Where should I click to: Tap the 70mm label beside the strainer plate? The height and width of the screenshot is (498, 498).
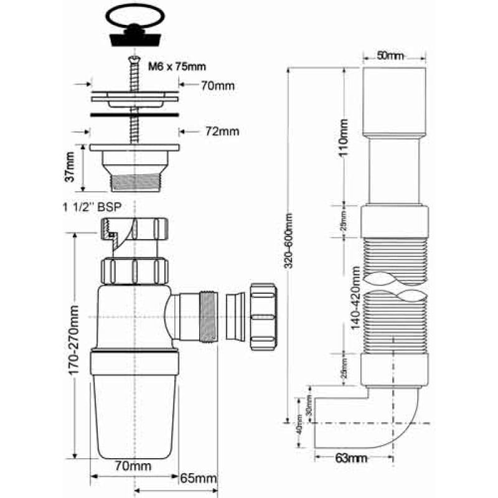point(217,86)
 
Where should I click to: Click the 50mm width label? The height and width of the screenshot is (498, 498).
point(390,56)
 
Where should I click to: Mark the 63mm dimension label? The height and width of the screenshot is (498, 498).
point(350,459)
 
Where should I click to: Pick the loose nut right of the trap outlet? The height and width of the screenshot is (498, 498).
point(262,316)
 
